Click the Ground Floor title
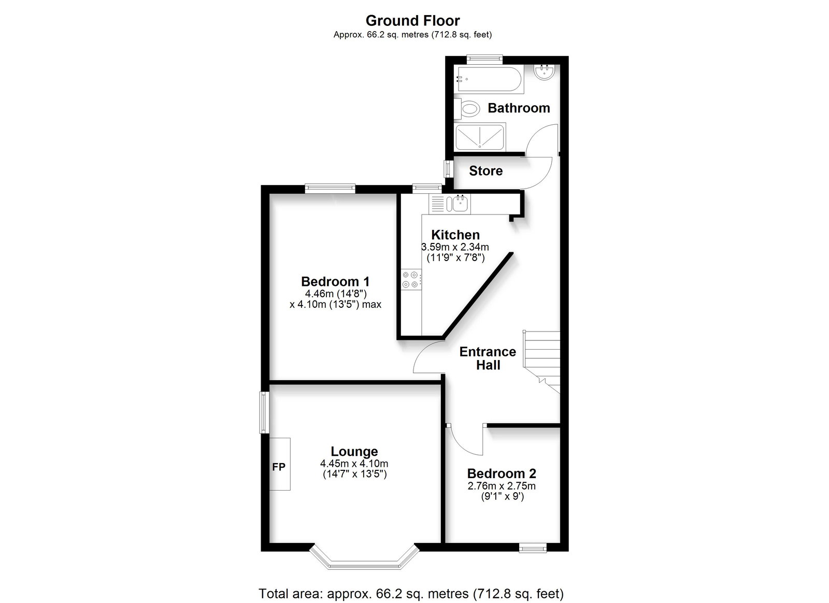[412, 20]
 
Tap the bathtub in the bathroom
[490, 79]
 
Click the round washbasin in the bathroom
[544, 71]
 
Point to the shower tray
[480, 137]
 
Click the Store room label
[485, 171]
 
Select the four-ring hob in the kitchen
[411, 279]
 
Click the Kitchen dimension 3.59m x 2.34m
[455, 247]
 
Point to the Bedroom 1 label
[335, 281]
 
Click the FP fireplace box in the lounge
[279, 464]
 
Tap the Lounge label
[354, 451]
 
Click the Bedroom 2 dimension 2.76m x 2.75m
[502, 486]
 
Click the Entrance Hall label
[488, 358]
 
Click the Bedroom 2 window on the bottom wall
[533, 548]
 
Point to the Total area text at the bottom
[411, 593]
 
